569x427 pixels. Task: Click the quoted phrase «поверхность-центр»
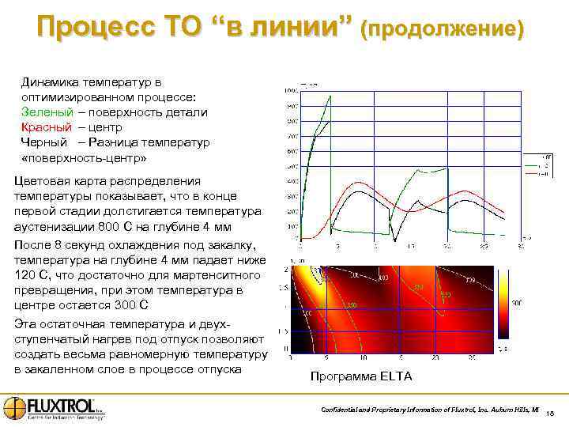[x=84, y=157]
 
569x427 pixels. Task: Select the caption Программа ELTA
[x=361, y=376]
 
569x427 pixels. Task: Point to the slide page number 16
[x=552, y=412]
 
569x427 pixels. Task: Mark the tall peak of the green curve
[x=330, y=96]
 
